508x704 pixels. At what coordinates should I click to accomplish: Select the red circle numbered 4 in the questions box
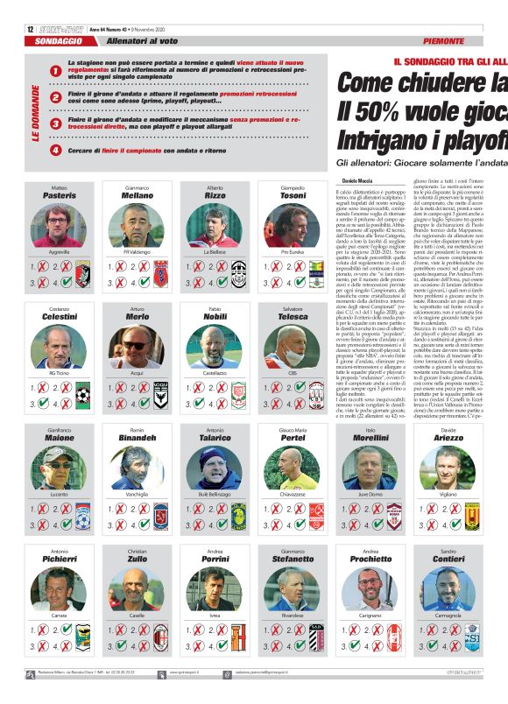coord(55,150)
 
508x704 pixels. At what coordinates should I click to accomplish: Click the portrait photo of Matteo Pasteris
coord(59,225)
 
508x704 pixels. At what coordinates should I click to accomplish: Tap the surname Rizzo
coord(215,196)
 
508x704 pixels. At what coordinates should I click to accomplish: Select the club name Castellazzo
coord(215,374)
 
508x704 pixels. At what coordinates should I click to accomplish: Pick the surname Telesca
coord(293,317)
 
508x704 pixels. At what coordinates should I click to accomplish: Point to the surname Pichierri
coord(59,557)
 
